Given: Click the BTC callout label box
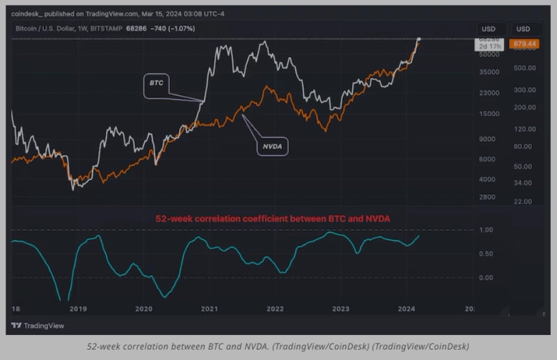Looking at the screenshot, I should [x=156, y=83].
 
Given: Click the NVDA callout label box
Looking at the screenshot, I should [x=272, y=147].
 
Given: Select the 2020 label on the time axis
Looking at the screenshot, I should [x=143, y=308].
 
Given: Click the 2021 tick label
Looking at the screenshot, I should [x=209, y=308].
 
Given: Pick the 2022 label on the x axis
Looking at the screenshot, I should [x=275, y=308].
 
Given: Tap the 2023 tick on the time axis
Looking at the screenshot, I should [x=340, y=308].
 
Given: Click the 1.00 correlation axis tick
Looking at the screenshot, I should [x=487, y=230].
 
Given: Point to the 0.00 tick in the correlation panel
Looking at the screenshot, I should [x=487, y=277].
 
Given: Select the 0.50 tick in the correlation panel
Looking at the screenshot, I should [x=487, y=253].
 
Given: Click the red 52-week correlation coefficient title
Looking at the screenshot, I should [x=272, y=219].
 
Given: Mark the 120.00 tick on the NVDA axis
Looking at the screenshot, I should [x=523, y=130].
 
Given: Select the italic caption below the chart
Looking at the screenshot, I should [x=278, y=346].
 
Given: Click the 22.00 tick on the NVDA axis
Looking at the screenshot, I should [x=523, y=201].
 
